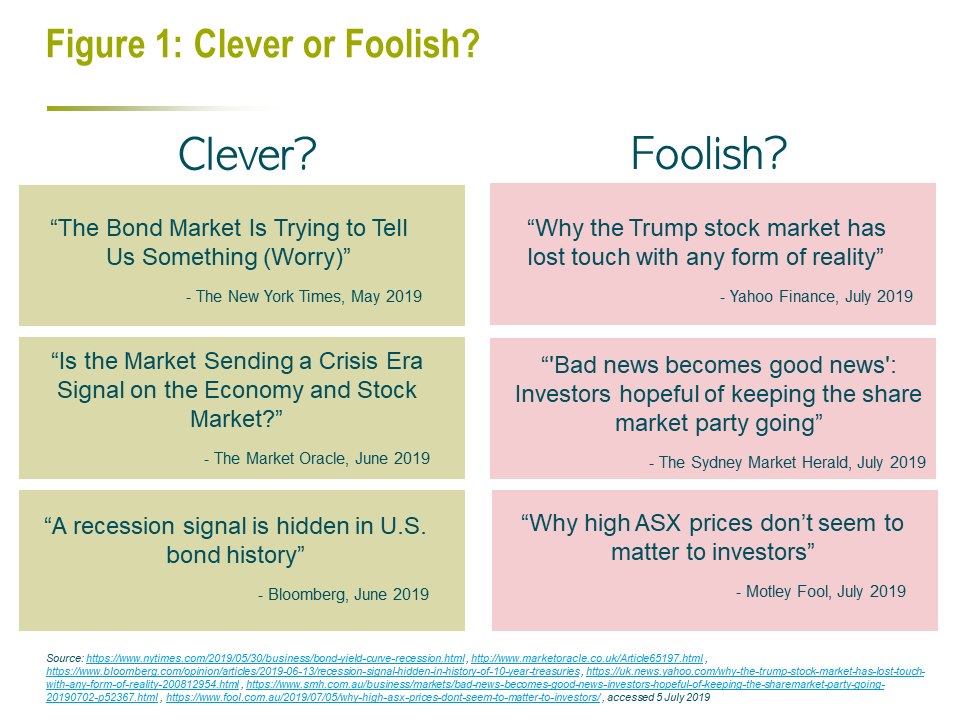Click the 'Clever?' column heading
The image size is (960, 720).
tap(247, 154)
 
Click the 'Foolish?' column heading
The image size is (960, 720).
tap(708, 153)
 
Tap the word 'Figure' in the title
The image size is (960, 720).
tap(96, 45)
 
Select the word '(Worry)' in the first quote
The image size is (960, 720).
tap(307, 257)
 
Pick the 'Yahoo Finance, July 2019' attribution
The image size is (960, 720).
tap(816, 296)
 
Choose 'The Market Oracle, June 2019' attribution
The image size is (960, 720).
tap(317, 458)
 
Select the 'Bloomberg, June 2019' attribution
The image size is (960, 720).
tap(343, 594)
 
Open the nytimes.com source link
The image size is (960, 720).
tap(276, 658)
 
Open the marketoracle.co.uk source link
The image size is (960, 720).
tap(587, 658)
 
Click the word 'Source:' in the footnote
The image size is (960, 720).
tap(65, 658)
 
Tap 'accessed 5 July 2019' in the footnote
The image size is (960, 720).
tap(659, 697)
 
